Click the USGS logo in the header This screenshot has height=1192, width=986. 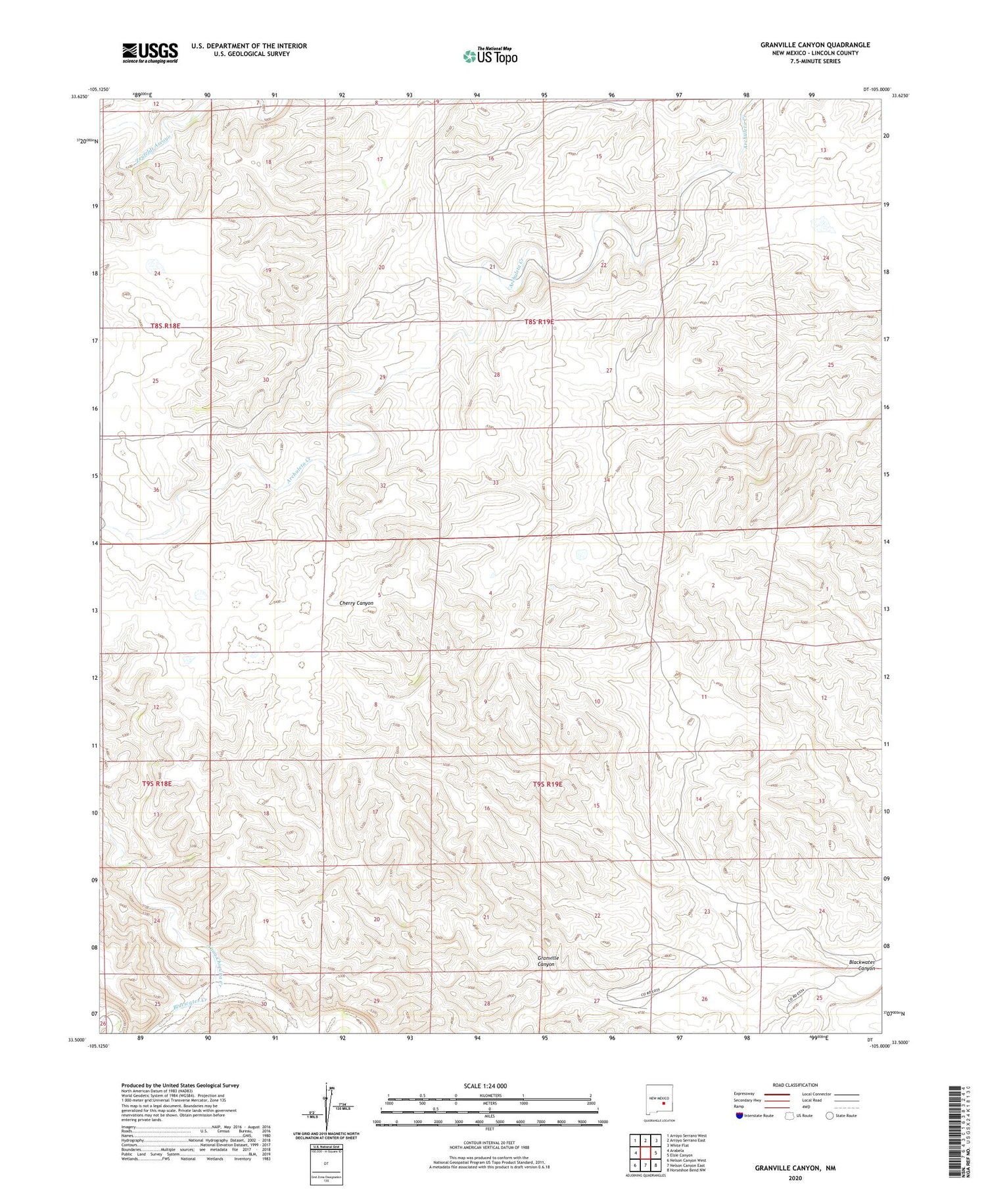click(x=150, y=52)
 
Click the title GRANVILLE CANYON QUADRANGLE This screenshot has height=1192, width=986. click(x=815, y=45)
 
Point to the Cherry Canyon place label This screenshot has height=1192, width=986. click(x=356, y=603)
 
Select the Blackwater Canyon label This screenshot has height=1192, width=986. click(x=862, y=965)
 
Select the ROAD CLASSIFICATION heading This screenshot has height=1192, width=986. click(x=795, y=1085)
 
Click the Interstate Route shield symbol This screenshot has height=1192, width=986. click(x=739, y=1116)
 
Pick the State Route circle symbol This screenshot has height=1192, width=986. click(x=830, y=1116)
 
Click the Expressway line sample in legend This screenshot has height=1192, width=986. click(x=776, y=1094)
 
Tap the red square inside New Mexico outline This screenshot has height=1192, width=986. click(x=664, y=1104)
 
